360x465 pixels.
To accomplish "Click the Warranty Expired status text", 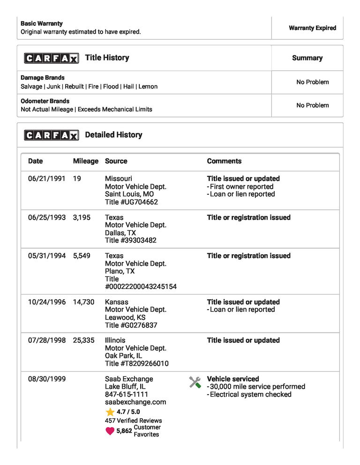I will [x=312, y=28].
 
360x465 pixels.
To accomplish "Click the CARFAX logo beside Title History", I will [x=52, y=58].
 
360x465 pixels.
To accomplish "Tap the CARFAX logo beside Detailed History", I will [x=52, y=135].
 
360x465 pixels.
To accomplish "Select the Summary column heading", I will [x=307, y=58].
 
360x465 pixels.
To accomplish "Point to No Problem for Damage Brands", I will [x=312, y=82].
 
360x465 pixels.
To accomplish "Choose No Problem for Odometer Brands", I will [x=312, y=105].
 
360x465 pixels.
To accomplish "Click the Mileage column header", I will [x=86, y=161].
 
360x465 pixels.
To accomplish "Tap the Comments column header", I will [x=224, y=161].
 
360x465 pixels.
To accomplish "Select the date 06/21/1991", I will [x=46, y=179].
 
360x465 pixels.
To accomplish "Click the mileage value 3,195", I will [x=82, y=218].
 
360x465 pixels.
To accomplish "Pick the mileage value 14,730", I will [x=83, y=303].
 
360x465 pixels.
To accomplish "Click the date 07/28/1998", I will [x=46, y=340].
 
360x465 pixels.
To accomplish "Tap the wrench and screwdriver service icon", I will [x=195, y=382].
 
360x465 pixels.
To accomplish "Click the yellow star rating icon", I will [x=110, y=412].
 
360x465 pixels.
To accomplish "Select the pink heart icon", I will [x=110, y=431].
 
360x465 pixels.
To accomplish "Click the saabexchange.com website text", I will [x=135, y=402].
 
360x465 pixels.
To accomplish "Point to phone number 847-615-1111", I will [x=127, y=394].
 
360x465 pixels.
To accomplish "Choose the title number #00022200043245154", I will [x=141, y=287].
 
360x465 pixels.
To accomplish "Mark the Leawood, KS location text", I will [x=125, y=317].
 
